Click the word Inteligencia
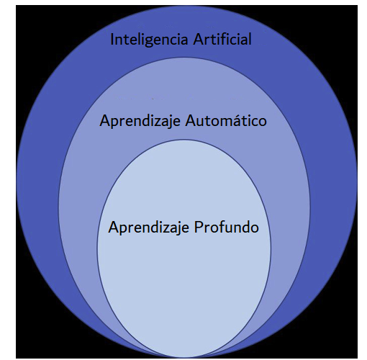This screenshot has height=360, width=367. click(149, 40)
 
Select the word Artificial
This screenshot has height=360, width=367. click(222, 39)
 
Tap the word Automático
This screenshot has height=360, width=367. click(226, 120)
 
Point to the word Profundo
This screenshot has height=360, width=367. click(227, 227)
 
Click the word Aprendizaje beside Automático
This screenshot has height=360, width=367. click(140, 122)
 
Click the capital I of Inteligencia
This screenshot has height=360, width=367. click(112, 40)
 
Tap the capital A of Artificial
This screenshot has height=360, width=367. click(198, 40)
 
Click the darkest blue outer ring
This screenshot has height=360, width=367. click(38, 182)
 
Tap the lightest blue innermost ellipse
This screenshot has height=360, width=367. click(184, 276)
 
